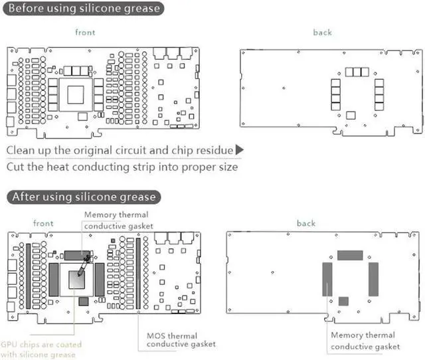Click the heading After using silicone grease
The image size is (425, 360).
tap(83, 197)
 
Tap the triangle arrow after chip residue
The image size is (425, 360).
tap(240, 150)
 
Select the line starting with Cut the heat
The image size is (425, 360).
tap(122, 167)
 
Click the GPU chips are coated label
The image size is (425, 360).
tap(41, 349)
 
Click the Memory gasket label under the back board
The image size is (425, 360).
tap(365, 341)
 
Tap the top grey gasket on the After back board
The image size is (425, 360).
tap(350, 255)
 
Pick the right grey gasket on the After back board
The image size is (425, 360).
tap(373, 279)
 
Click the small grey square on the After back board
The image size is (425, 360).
tap(343, 302)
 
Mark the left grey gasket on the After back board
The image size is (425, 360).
tap(327, 279)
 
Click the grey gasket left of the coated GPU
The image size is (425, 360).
tap(53, 279)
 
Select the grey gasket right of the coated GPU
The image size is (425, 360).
tap(100, 279)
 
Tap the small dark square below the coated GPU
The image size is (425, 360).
tap(83, 302)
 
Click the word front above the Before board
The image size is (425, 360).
tap(85, 33)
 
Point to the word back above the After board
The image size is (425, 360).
tap(306, 223)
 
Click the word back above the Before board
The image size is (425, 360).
tap(322, 33)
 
